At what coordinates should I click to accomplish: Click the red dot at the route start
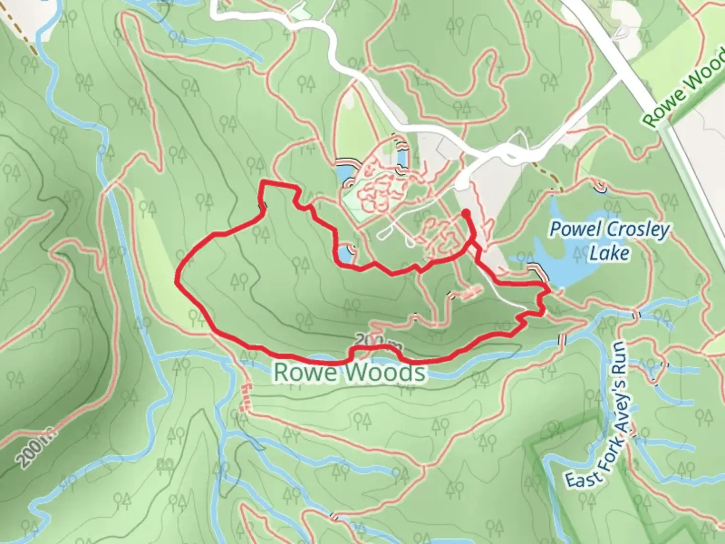[466, 214]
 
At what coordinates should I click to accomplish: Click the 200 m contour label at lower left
[38, 447]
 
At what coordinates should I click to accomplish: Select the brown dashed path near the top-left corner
[25, 35]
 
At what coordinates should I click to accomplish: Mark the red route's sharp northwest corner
[262, 183]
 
